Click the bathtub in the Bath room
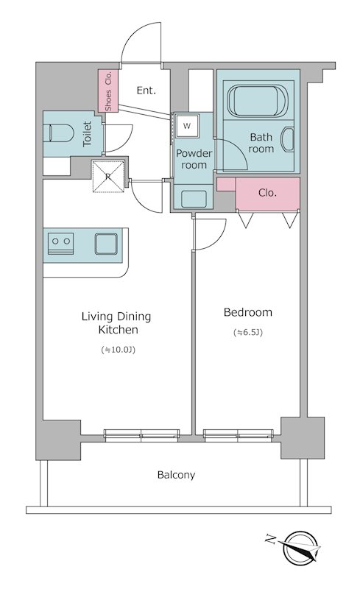click(258, 100)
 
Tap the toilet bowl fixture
click(58, 133)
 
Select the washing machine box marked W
click(187, 126)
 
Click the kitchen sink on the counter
click(105, 244)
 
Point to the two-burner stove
click(61, 244)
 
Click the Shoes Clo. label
click(108, 91)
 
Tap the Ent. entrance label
click(147, 91)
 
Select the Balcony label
click(176, 475)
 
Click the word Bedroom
click(247, 312)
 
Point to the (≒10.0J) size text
click(119, 350)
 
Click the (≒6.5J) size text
click(247, 333)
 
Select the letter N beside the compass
click(269, 540)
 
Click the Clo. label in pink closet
click(267, 193)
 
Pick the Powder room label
click(194, 159)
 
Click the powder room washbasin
click(194, 199)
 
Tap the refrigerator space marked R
click(108, 177)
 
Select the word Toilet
click(87, 133)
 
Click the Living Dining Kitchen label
click(116, 323)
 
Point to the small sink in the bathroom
click(289, 139)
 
